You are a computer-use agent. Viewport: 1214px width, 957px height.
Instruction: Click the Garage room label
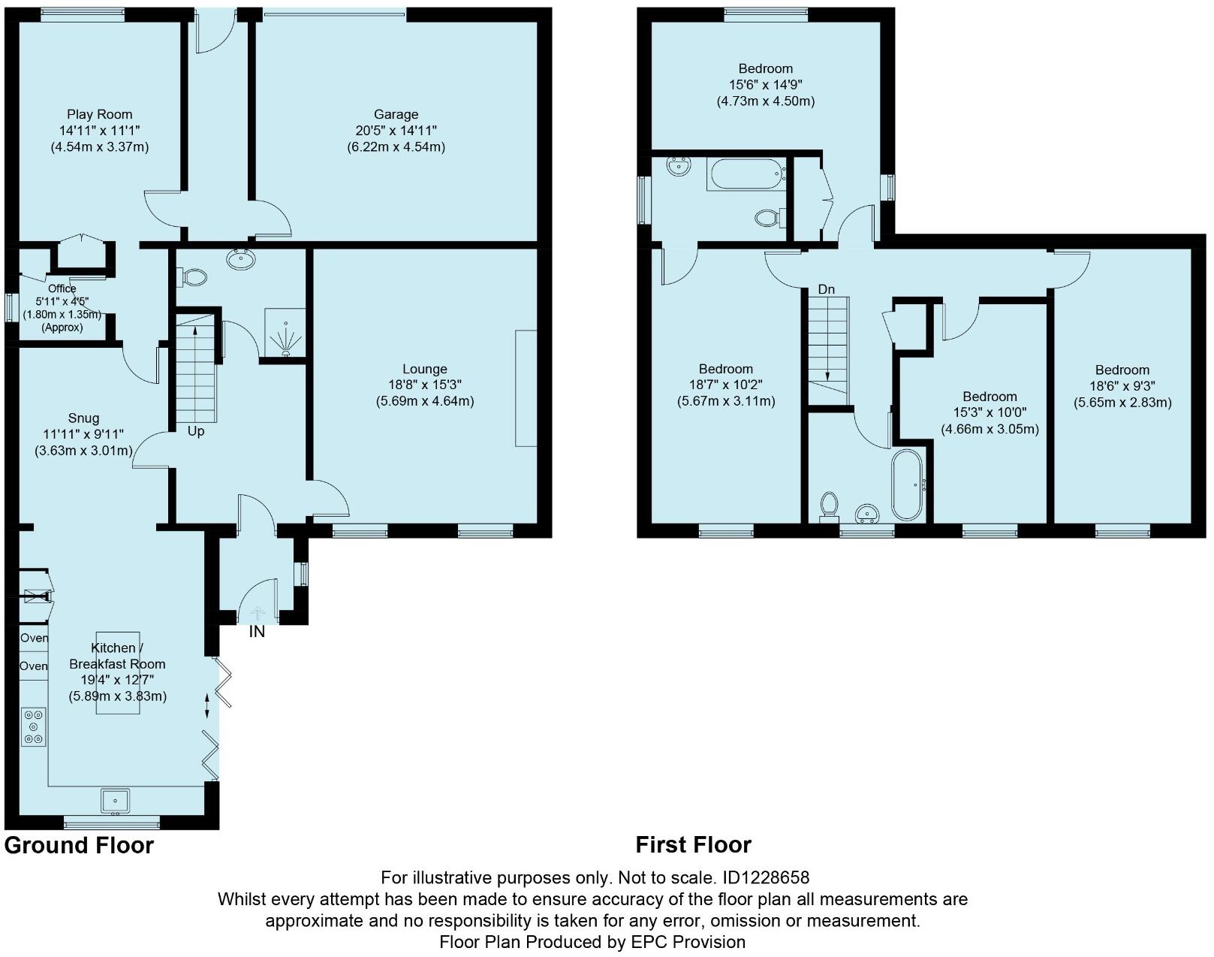tap(396, 114)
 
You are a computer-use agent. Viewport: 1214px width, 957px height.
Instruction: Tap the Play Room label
tap(99, 114)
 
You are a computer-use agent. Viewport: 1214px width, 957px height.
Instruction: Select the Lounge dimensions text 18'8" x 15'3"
tap(424, 385)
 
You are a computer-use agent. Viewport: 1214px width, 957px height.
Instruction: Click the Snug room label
tap(83, 418)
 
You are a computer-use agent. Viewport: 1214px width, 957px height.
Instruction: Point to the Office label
tap(62, 288)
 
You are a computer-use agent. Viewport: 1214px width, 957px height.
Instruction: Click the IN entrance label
tap(257, 632)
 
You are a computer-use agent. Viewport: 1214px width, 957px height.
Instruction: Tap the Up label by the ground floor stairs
tap(195, 431)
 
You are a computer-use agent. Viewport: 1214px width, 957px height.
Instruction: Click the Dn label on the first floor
tap(826, 289)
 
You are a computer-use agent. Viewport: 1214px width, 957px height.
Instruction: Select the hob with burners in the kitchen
tap(34, 726)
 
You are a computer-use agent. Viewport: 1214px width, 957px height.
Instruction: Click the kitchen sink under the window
tap(115, 800)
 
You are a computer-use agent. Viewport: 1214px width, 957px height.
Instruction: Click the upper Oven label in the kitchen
tap(34, 638)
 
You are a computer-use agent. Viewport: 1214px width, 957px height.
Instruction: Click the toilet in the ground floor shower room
tap(193, 277)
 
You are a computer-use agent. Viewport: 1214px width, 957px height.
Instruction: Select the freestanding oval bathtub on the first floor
tap(908, 485)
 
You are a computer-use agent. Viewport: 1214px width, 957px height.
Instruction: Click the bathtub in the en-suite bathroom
tap(746, 174)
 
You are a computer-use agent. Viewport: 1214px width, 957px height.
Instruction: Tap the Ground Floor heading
tap(79, 845)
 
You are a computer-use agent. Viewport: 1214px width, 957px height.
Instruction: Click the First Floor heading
tap(693, 845)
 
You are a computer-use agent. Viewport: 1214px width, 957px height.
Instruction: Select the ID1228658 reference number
tap(766, 877)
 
